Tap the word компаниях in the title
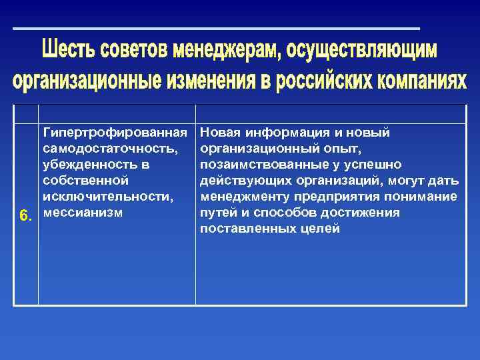[417, 81]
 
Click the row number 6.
[25, 216]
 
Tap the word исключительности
[107, 197]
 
